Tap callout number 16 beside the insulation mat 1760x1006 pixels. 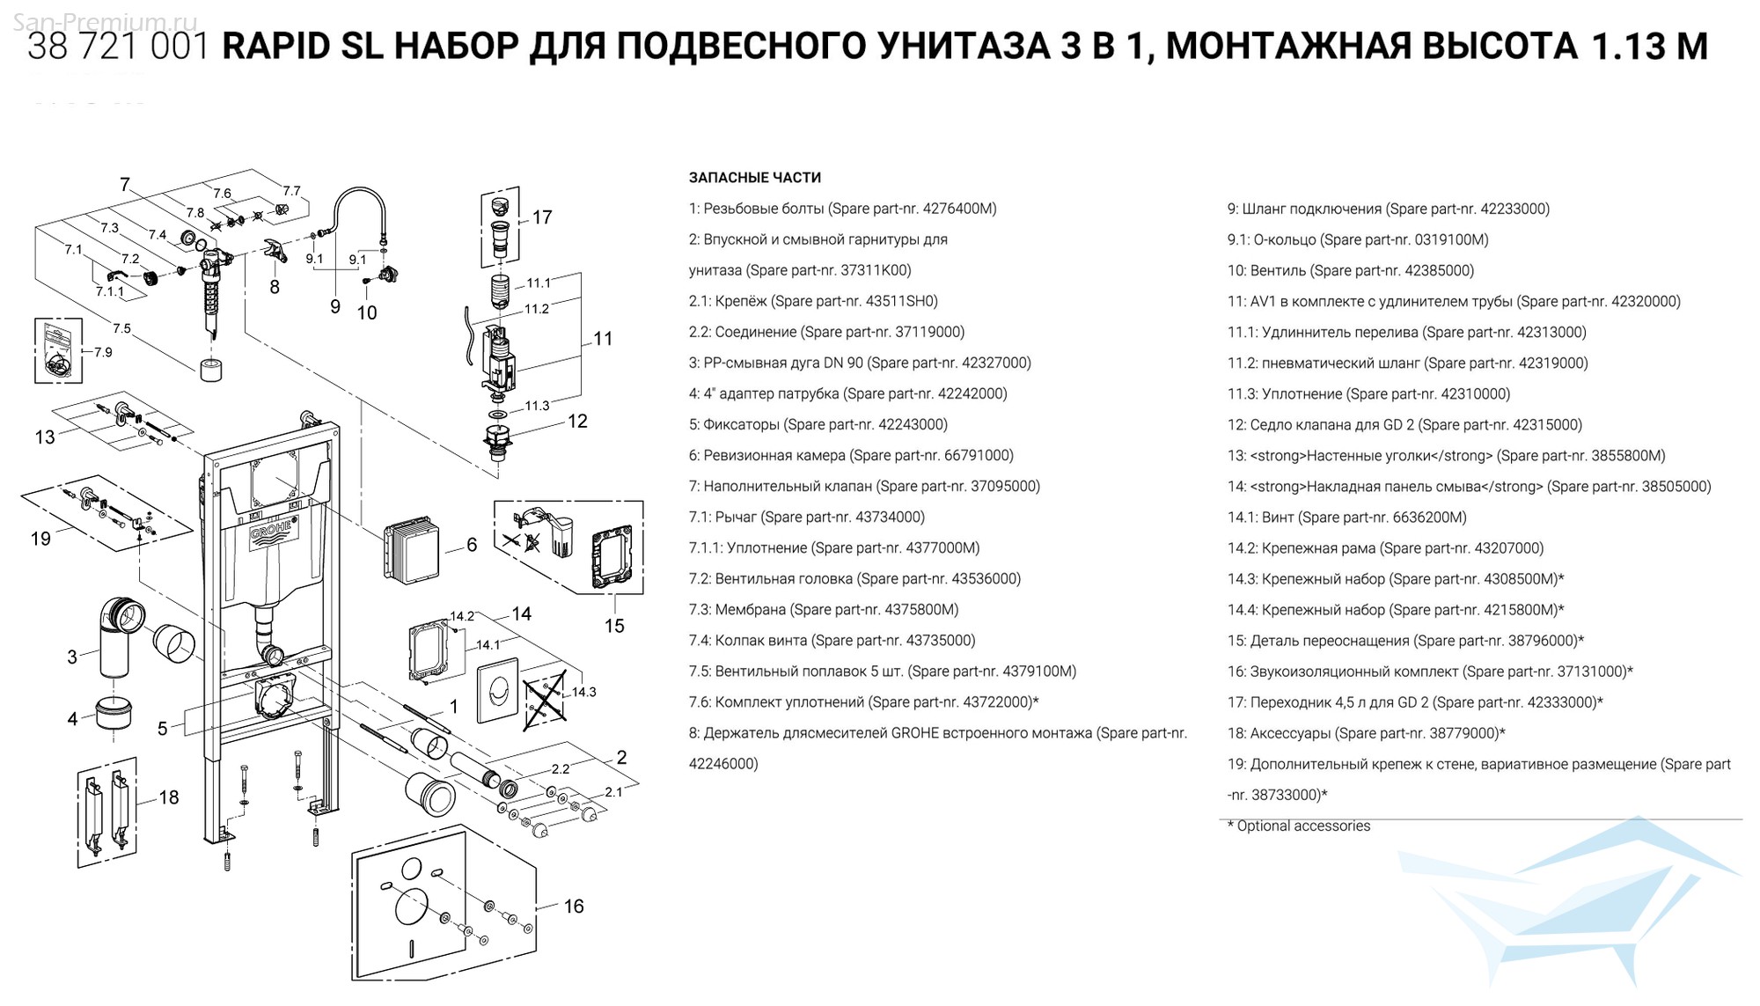[574, 907]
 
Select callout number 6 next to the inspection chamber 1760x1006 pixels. [472, 546]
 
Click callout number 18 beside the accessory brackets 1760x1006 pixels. [169, 797]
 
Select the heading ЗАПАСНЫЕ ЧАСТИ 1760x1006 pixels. [754, 178]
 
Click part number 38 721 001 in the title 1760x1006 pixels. [118, 47]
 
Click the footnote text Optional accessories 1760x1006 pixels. [1302, 826]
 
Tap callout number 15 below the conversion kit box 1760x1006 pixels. [614, 626]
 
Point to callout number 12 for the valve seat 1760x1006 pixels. [577, 422]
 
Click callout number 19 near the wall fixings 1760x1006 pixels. [40, 539]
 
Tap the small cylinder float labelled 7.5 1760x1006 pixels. [211, 370]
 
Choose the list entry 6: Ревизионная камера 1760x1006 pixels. [850, 456]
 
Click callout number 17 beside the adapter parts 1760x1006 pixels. [542, 217]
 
